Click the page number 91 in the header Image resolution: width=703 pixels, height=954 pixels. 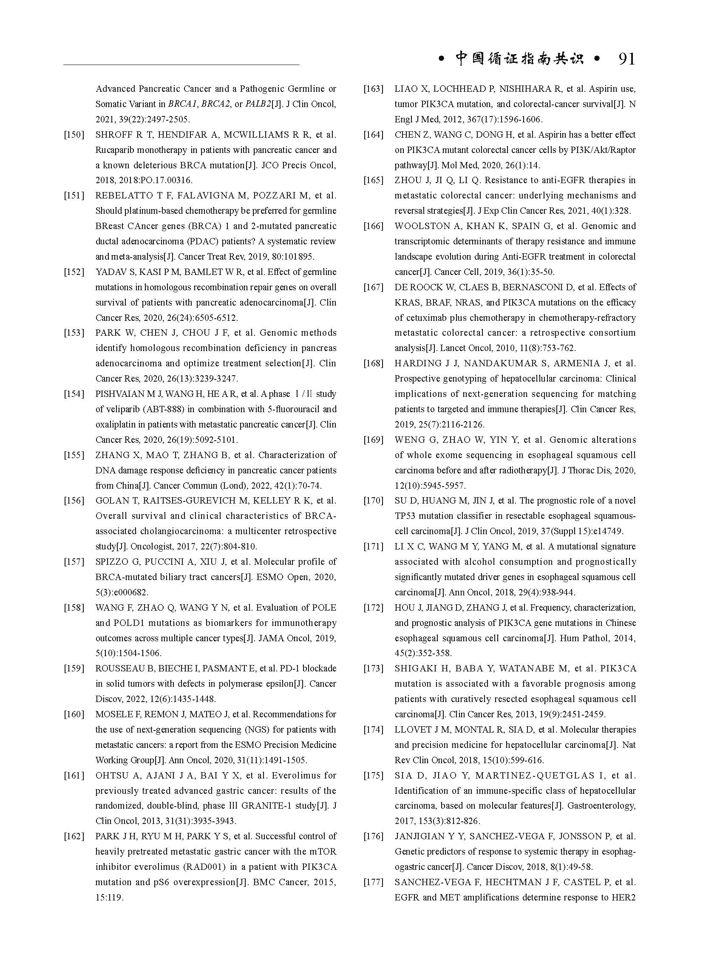click(x=626, y=59)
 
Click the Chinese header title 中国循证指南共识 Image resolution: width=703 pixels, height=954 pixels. click(x=519, y=59)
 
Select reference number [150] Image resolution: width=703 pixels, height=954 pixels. click(x=74, y=135)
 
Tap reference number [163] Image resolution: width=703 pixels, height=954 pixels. click(x=373, y=89)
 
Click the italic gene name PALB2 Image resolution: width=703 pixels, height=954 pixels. click(x=258, y=104)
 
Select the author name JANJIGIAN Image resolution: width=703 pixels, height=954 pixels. click(x=420, y=836)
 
